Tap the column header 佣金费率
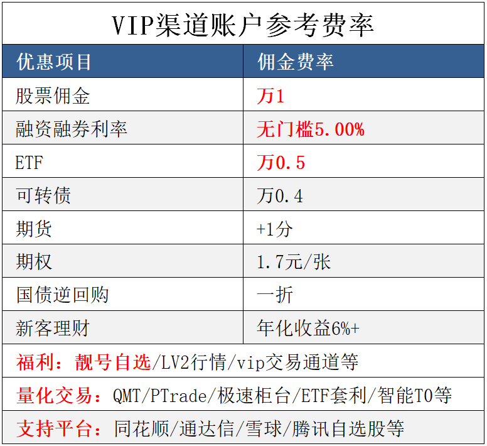point(295,62)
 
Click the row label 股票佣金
point(53,95)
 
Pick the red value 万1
point(270,95)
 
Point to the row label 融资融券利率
point(72,129)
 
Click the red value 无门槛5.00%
point(310,129)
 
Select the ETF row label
point(29,163)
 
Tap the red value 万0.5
point(281,163)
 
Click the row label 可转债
point(43,195)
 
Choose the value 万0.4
point(280,196)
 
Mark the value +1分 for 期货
point(274,229)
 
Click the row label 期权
point(34,261)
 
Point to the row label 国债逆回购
point(62,295)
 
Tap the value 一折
point(275,295)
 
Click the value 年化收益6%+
point(308,328)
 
